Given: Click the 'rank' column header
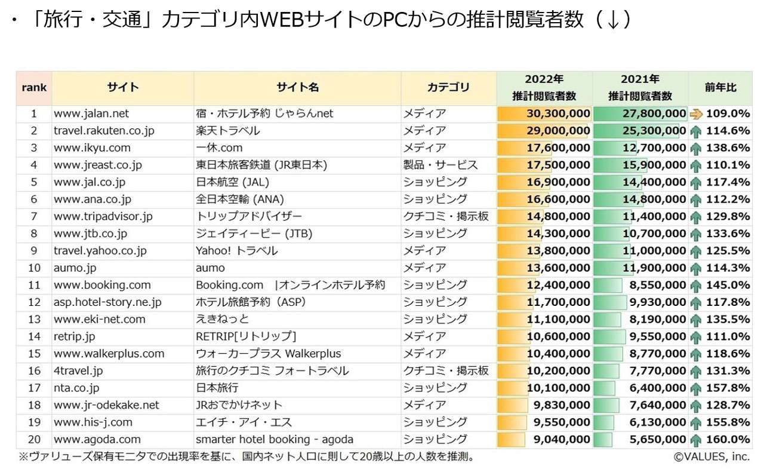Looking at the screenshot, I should coord(34,88).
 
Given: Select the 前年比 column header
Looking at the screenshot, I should coord(720,88).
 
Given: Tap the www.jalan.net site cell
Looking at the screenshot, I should coord(91,114).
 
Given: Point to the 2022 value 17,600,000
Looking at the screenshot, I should coord(559,148).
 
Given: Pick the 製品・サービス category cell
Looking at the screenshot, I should coord(441,165).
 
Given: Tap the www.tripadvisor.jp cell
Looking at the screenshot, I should coord(103,216).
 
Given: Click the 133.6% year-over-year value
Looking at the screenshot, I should coord(728,234).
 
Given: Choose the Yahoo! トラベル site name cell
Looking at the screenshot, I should coord(237,251).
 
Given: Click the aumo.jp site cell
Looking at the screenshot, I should coord(75,268).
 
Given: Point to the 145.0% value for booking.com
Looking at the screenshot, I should coord(728,285).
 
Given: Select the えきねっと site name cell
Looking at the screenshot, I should coord(223,320).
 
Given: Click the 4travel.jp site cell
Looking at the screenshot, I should coord(78,371).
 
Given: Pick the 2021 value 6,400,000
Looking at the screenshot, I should coord(657,388).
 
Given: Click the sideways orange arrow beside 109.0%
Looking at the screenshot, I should coord(696,114).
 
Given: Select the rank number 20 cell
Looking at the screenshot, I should coord(34,440).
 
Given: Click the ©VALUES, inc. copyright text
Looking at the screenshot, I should coord(712,457).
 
